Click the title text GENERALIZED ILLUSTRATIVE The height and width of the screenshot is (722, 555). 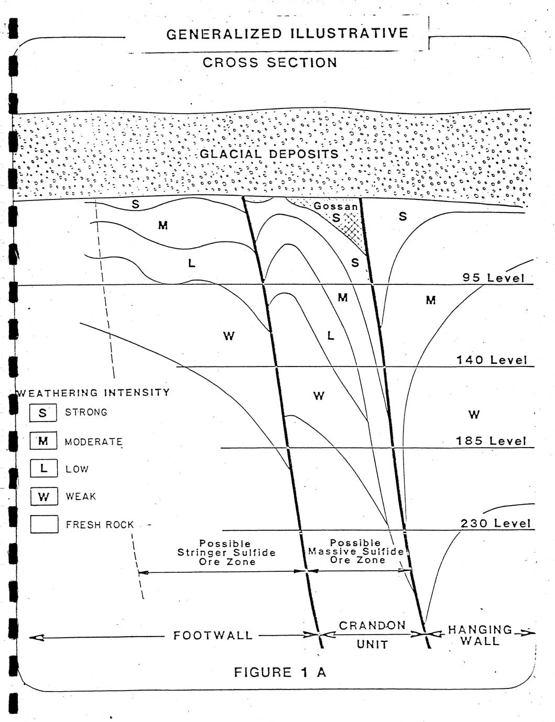click(287, 34)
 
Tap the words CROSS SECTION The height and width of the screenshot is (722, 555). click(270, 62)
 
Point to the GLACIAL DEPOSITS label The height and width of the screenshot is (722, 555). click(269, 154)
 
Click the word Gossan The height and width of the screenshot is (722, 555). click(335, 206)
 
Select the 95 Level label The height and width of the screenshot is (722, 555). click(494, 277)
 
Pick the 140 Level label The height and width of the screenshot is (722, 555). click(492, 360)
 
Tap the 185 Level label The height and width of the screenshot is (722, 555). click(491, 441)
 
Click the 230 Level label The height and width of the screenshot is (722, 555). click(495, 524)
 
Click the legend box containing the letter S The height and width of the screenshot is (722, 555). click(43, 413)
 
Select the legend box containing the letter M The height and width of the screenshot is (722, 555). click(43, 440)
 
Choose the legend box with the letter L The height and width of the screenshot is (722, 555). click(44, 468)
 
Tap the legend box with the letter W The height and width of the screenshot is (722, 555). click(44, 496)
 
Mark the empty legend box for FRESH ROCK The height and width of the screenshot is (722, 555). click(44, 524)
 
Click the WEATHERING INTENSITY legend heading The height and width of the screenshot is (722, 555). click(93, 393)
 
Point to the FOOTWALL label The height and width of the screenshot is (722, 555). click(213, 636)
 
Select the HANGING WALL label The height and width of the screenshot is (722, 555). click(480, 635)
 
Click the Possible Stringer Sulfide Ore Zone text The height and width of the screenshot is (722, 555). click(226, 552)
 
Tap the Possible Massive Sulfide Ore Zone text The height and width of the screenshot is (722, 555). click(356, 551)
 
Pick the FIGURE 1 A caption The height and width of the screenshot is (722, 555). click(280, 672)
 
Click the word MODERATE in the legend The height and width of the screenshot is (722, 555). click(94, 442)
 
